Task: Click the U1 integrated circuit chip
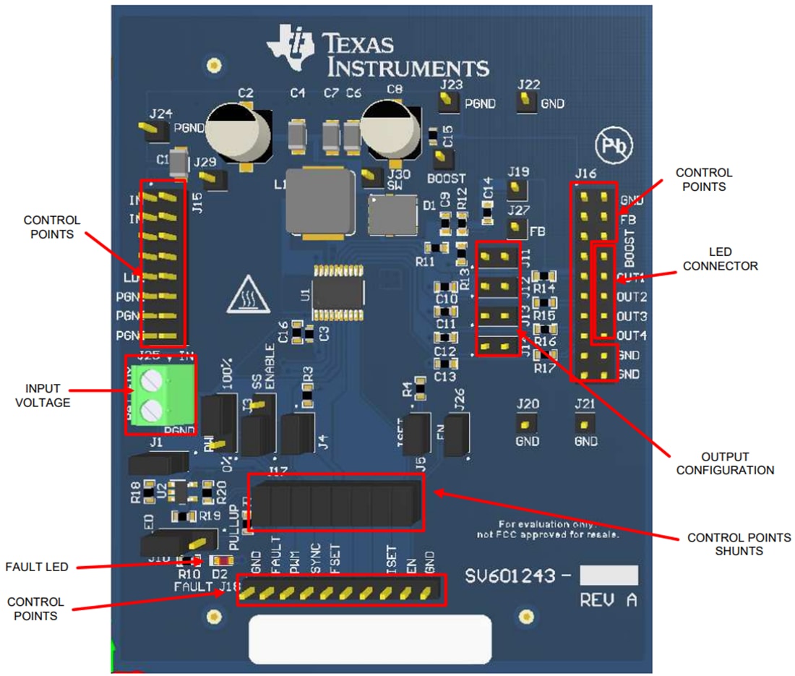(x=338, y=293)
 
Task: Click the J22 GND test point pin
(x=527, y=103)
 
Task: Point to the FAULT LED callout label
(x=36, y=567)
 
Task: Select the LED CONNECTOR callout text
(x=720, y=259)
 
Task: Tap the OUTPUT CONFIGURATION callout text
(x=737, y=463)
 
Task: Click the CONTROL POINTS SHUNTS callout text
(x=738, y=544)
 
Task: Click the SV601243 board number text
(x=510, y=576)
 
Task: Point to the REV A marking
(x=608, y=599)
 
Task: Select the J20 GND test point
(x=528, y=424)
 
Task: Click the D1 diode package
(x=394, y=215)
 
